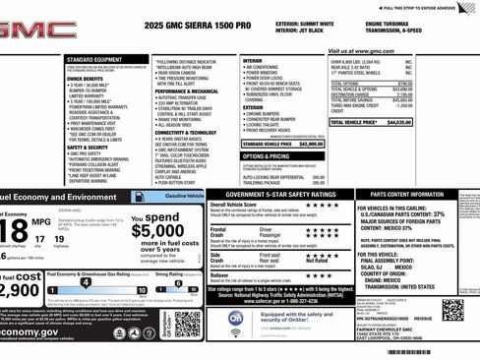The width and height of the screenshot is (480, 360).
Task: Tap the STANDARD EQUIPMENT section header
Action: point(94,59)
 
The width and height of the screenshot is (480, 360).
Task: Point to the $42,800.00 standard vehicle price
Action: point(310,144)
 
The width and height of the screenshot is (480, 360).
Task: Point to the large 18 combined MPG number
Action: point(15,231)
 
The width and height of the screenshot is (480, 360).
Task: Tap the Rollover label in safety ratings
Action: point(219,274)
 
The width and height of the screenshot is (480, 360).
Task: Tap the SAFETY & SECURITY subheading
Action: point(88,148)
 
